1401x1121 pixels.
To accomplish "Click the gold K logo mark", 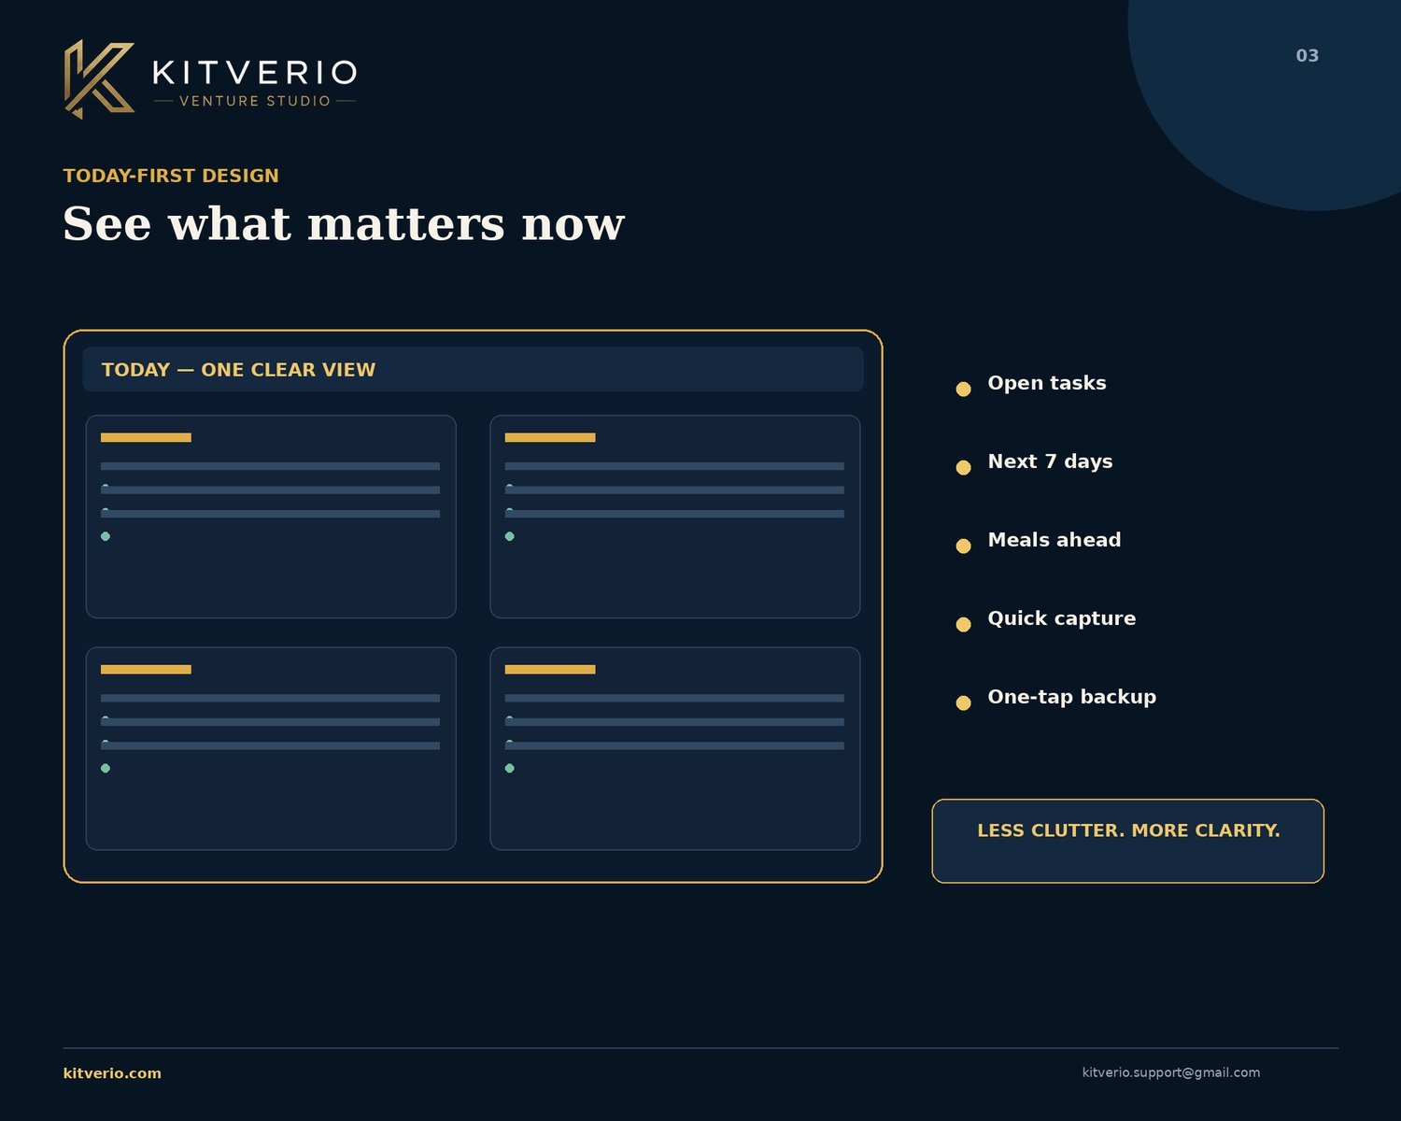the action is tap(99, 79).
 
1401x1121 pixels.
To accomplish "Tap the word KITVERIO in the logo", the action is tap(255, 72).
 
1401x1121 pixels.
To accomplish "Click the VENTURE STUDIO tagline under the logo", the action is tap(255, 101).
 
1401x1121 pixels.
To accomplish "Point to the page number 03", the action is tap(1307, 56).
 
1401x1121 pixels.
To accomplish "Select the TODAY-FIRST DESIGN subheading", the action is tap(171, 176).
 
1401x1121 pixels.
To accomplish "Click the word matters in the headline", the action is tap(405, 225).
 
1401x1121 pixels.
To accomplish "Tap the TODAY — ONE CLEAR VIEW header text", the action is tap(238, 370).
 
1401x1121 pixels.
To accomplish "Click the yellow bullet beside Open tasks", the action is tap(964, 389).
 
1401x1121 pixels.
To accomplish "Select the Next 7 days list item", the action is tap(1050, 461).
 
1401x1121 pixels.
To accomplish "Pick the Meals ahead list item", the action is tap(1054, 540).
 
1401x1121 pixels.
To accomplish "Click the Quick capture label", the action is tap(1061, 618).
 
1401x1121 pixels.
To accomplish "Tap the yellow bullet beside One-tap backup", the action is tap(964, 702).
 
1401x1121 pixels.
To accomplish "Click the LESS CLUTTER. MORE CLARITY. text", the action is tap(1128, 830).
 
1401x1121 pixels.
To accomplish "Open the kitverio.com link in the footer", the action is tap(112, 1072).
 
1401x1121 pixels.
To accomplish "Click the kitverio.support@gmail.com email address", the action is tap(1170, 1072).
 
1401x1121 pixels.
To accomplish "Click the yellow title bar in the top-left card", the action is tap(146, 438).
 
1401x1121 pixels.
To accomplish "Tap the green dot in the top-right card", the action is tap(510, 536).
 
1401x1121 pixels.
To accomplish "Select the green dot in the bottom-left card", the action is tap(106, 768).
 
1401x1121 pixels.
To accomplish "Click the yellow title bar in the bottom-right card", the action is tap(550, 670).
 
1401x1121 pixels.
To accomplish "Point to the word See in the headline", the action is tap(107, 225).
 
